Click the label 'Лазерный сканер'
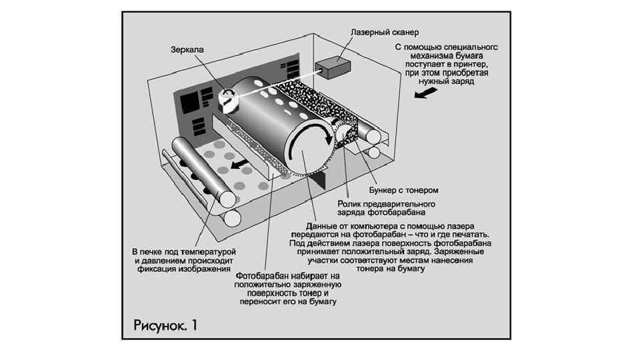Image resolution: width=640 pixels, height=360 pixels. tap(385, 31)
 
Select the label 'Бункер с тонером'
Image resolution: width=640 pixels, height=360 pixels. tap(399, 190)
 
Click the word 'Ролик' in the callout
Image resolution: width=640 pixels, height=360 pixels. tap(350, 203)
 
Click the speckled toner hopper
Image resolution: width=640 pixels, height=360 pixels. tap(313, 100)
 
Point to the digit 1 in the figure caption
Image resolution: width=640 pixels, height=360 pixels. tap(195, 325)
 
